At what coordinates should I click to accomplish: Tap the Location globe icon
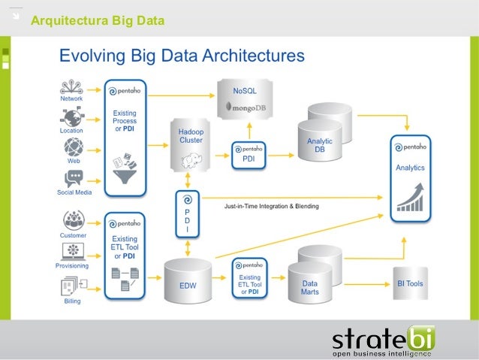click(73, 116)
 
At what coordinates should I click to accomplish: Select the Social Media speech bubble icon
click(73, 179)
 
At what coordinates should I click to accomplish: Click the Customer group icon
click(73, 220)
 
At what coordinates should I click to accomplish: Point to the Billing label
click(73, 301)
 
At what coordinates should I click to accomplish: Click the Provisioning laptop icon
click(73, 252)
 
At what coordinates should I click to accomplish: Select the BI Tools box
click(410, 284)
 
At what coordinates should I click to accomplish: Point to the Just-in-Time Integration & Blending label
click(271, 206)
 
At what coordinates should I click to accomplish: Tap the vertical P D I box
click(188, 213)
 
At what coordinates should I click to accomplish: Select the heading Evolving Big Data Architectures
click(182, 56)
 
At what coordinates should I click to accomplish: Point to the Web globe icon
click(73, 147)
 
